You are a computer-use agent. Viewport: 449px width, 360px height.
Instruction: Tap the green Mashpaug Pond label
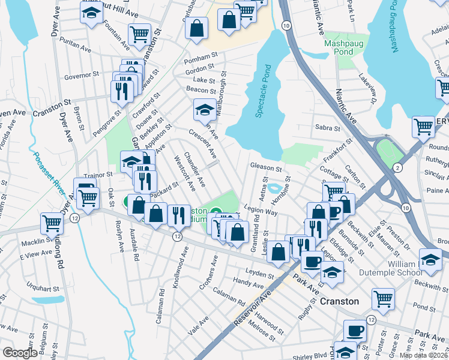(339, 48)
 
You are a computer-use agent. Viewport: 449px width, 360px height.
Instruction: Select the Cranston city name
(339, 301)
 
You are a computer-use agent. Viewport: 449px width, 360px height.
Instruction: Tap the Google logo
(19, 353)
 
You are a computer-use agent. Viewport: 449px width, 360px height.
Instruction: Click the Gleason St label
(266, 169)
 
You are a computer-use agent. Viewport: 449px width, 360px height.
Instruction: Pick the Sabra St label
(327, 128)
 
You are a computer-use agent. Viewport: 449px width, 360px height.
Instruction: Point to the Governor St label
(81, 76)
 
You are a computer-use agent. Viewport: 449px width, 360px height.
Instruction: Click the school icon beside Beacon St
(205, 110)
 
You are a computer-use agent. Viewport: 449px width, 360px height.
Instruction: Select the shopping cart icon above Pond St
(383, 298)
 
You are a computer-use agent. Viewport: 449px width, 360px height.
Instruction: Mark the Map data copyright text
(424, 355)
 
